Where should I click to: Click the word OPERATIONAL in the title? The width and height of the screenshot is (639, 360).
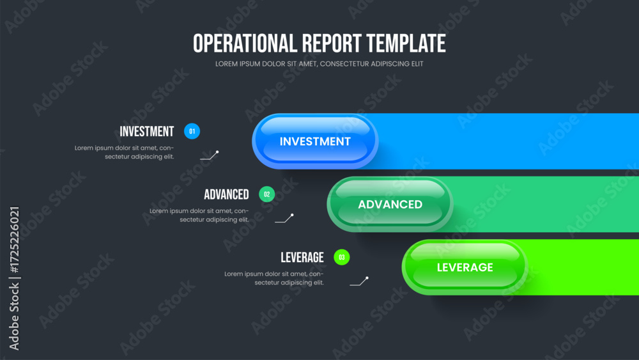coord(245,43)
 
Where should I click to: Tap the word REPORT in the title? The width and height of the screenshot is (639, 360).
coord(332,43)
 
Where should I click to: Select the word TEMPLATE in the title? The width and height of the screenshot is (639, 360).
coord(406,43)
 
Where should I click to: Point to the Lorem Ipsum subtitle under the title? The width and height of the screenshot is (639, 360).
coord(319,64)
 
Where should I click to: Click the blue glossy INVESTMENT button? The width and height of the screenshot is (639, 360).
coord(315,141)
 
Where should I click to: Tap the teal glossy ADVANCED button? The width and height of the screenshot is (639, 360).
coord(390,204)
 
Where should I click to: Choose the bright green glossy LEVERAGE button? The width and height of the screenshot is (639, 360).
coord(465,267)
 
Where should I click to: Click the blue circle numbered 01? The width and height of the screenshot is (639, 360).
coord(192,131)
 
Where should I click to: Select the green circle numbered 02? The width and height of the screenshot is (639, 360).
coord(267,194)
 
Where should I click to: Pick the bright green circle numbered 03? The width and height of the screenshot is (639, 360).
coord(341,257)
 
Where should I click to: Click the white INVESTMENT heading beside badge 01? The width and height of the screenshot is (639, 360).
coord(147,132)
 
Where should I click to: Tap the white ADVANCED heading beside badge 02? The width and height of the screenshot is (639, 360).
coord(226,194)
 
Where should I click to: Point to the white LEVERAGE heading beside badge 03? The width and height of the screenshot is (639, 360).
coord(302,258)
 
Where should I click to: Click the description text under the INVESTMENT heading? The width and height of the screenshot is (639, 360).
coord(125,152)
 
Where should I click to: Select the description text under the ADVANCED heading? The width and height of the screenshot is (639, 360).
coord(199,215)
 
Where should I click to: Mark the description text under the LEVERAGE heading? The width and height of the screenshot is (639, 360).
coord(274,278)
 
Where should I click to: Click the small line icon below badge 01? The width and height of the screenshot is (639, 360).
coord(210,155)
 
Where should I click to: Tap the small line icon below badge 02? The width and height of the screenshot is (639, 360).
coord(284,219)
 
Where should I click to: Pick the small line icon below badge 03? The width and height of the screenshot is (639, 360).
coord(359,281)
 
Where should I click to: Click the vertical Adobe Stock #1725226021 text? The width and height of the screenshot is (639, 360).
coord(14,278)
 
